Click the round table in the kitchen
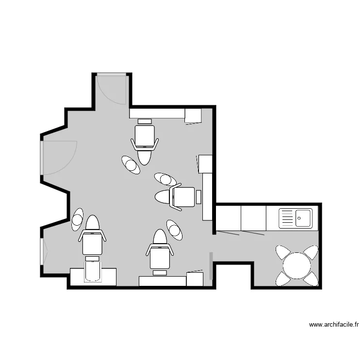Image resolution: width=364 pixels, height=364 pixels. tap(297, 265)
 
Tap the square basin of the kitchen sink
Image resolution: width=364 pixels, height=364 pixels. tap(304, 217)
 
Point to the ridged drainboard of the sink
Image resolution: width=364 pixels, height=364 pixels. tap(287, 218)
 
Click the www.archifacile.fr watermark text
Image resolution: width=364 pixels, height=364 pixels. tap(334, 325)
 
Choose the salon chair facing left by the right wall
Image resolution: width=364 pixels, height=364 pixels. tap(182, 197)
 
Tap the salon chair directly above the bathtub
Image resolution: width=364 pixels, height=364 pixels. tap(92, 243)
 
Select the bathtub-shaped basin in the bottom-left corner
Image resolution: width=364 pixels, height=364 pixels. tap(93, 272)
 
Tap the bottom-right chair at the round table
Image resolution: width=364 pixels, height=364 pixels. tap(312, 278)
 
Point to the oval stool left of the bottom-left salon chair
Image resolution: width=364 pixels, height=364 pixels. tap(78, 219)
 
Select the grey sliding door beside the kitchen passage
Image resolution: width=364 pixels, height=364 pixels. tap(211, 266)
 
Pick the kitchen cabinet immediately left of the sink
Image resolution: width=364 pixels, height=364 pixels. tap(253, 218)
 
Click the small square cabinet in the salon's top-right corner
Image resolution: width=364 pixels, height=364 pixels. tap(193, 116)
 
